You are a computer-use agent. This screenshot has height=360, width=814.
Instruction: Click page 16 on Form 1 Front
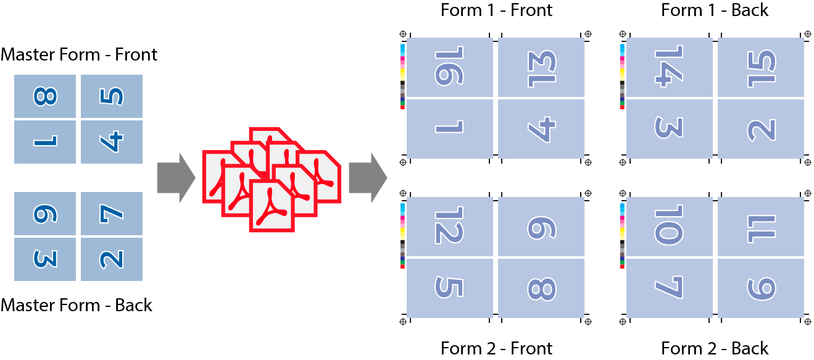(450, 67)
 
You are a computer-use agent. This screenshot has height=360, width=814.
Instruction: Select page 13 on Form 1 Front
(541, 67)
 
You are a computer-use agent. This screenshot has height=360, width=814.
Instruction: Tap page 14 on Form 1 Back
(670, 67)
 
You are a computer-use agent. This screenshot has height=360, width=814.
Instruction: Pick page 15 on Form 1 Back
(760, 67)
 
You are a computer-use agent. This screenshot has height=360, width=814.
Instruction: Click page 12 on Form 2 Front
(450, 226)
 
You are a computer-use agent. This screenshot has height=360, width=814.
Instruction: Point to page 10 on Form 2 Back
(670, 226)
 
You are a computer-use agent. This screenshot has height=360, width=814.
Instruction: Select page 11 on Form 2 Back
(760, 226)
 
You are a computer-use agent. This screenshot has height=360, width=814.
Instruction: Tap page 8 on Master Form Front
(45, 96)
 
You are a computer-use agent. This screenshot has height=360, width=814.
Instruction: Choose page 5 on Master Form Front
(111, 96)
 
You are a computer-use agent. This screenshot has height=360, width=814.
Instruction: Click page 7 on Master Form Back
(111, 214)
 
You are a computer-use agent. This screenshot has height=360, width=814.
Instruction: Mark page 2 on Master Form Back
(111, 259)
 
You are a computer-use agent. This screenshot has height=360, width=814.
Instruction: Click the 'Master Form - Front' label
(79, 55)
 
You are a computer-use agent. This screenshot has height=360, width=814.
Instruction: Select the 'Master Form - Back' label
(77, 305)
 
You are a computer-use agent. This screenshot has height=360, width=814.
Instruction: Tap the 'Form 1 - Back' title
(715, 10)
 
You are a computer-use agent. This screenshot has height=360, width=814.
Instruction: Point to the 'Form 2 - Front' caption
(496, 349)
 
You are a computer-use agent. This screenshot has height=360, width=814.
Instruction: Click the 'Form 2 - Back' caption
(715, 349)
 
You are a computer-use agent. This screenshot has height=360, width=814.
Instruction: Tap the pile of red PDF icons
(271, 180)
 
